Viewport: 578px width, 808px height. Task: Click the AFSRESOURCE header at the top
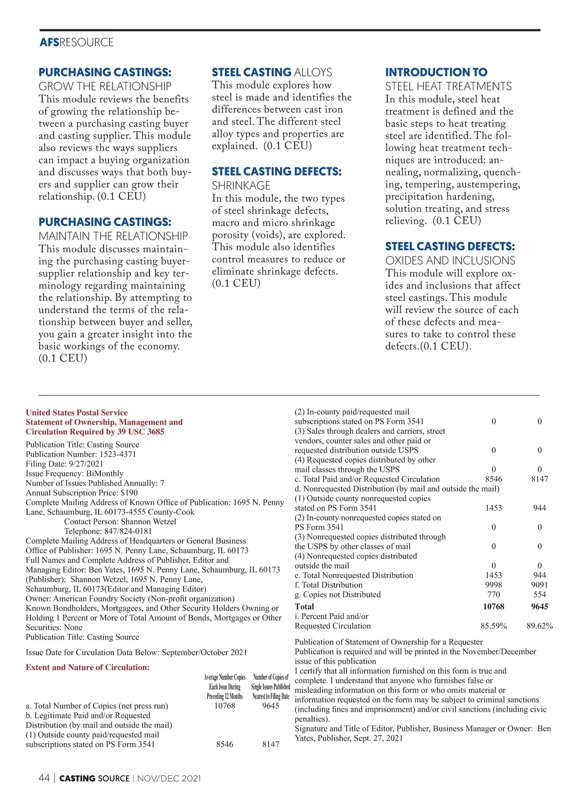coord(77,42)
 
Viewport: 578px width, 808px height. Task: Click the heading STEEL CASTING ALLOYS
coord(272,72)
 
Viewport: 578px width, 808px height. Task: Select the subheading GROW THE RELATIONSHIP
coord(105,86)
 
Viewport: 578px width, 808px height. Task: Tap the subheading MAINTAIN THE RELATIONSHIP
coord(113,236)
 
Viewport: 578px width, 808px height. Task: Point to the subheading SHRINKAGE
coord(241,185)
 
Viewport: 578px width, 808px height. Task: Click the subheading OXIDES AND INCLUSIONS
coord(450,261)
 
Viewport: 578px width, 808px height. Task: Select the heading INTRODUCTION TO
coord(436,72)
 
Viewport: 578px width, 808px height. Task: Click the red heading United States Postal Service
coord(77,413)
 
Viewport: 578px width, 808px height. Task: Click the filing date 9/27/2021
coord(86,464)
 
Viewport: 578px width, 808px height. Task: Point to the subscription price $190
coord(129,493)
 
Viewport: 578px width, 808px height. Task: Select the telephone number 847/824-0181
coord(128,531)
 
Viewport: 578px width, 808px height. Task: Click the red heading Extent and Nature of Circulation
coord(88,667)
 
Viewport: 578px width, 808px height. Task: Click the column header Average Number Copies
coord(225,677)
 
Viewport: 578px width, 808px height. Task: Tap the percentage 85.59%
coord(494,626)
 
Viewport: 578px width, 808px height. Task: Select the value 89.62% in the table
coord(539,626)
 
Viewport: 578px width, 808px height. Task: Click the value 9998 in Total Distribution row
coord(493,585)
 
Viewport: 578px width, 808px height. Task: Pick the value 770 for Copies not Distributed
coord(494,595)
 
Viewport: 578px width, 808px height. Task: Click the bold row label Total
coord(304,607)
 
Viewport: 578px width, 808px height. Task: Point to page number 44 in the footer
coord(44,778)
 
